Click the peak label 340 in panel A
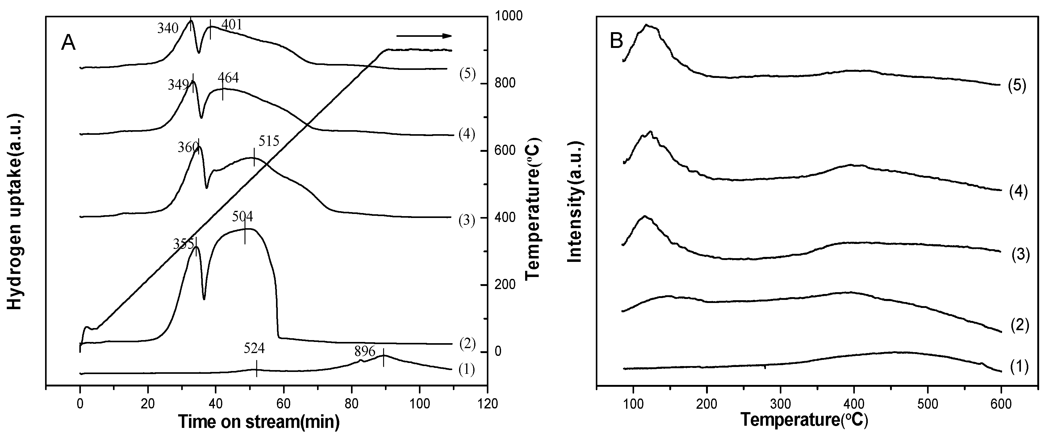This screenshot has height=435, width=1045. (x=168, y=29)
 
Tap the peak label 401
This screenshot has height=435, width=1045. (x=232, y=25)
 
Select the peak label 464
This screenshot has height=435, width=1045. (x=228, y=78)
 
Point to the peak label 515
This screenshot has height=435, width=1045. (x=269, y=141)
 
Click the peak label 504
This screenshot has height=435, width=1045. (x=243, y=216)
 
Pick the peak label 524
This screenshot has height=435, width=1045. (x=254, y=348)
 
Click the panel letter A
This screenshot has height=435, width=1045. (x=68, y=43)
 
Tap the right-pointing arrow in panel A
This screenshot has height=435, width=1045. (x=424, y=36)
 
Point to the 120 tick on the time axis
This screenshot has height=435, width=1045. (x=487, y=404)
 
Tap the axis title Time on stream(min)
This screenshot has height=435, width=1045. (x=258, y=422)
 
